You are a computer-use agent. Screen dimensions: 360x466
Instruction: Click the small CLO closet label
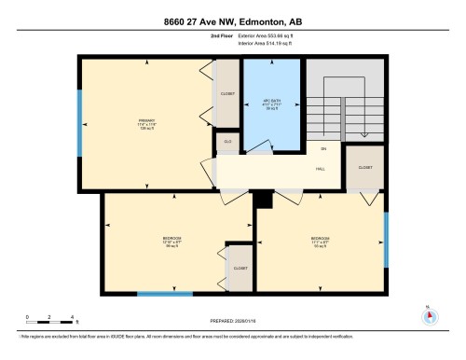226,143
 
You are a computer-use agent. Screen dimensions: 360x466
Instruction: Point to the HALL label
320,169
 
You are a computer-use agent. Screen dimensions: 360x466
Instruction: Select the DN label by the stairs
323,149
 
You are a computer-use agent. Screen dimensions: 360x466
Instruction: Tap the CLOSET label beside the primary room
227,94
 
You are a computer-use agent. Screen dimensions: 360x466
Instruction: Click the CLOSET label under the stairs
364,167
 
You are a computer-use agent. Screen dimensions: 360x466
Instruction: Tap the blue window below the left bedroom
164,295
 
